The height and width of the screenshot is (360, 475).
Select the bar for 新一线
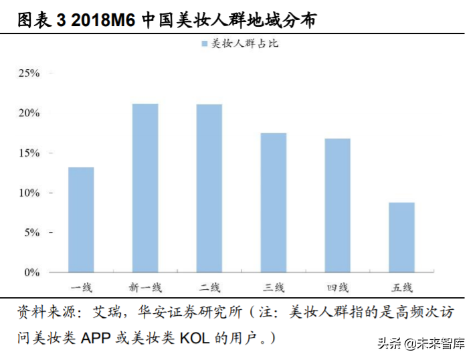[145, 188]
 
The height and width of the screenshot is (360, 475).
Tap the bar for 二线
[209, 188]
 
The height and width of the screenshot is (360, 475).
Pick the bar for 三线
[274, 203]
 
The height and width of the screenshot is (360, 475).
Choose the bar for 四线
[338, 205]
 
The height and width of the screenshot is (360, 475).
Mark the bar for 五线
[401, 238]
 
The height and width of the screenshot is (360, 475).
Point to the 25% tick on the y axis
[29, 73]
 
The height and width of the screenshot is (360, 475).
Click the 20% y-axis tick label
[29, 113]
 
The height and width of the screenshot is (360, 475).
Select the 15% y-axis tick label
[29, 153]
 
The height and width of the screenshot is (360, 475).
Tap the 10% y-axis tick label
[29, 193]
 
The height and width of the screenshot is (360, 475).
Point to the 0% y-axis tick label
[32, 272]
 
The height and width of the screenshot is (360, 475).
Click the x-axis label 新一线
[145, 288]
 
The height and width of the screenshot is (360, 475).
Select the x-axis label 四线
[338, 288]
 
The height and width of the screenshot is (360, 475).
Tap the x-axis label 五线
[401, 288]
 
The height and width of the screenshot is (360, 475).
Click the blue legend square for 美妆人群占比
[204, 44]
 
